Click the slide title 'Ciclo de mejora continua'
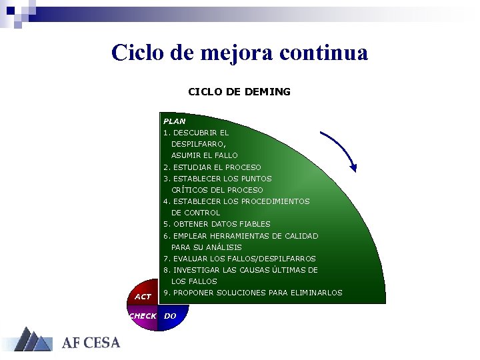[239, 52]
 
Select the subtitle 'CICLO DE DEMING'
[239, 91]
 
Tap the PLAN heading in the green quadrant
[175, 121]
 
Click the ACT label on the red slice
[143, 296]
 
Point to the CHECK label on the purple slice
[143, 316]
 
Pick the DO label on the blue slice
[170, 316]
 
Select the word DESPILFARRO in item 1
[198, 144]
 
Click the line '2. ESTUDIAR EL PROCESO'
[212, 167]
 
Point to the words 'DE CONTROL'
[195, 213]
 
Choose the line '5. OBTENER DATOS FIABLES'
[217, 224]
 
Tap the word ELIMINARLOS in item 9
[316, 293]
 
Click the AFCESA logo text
[91, 343]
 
